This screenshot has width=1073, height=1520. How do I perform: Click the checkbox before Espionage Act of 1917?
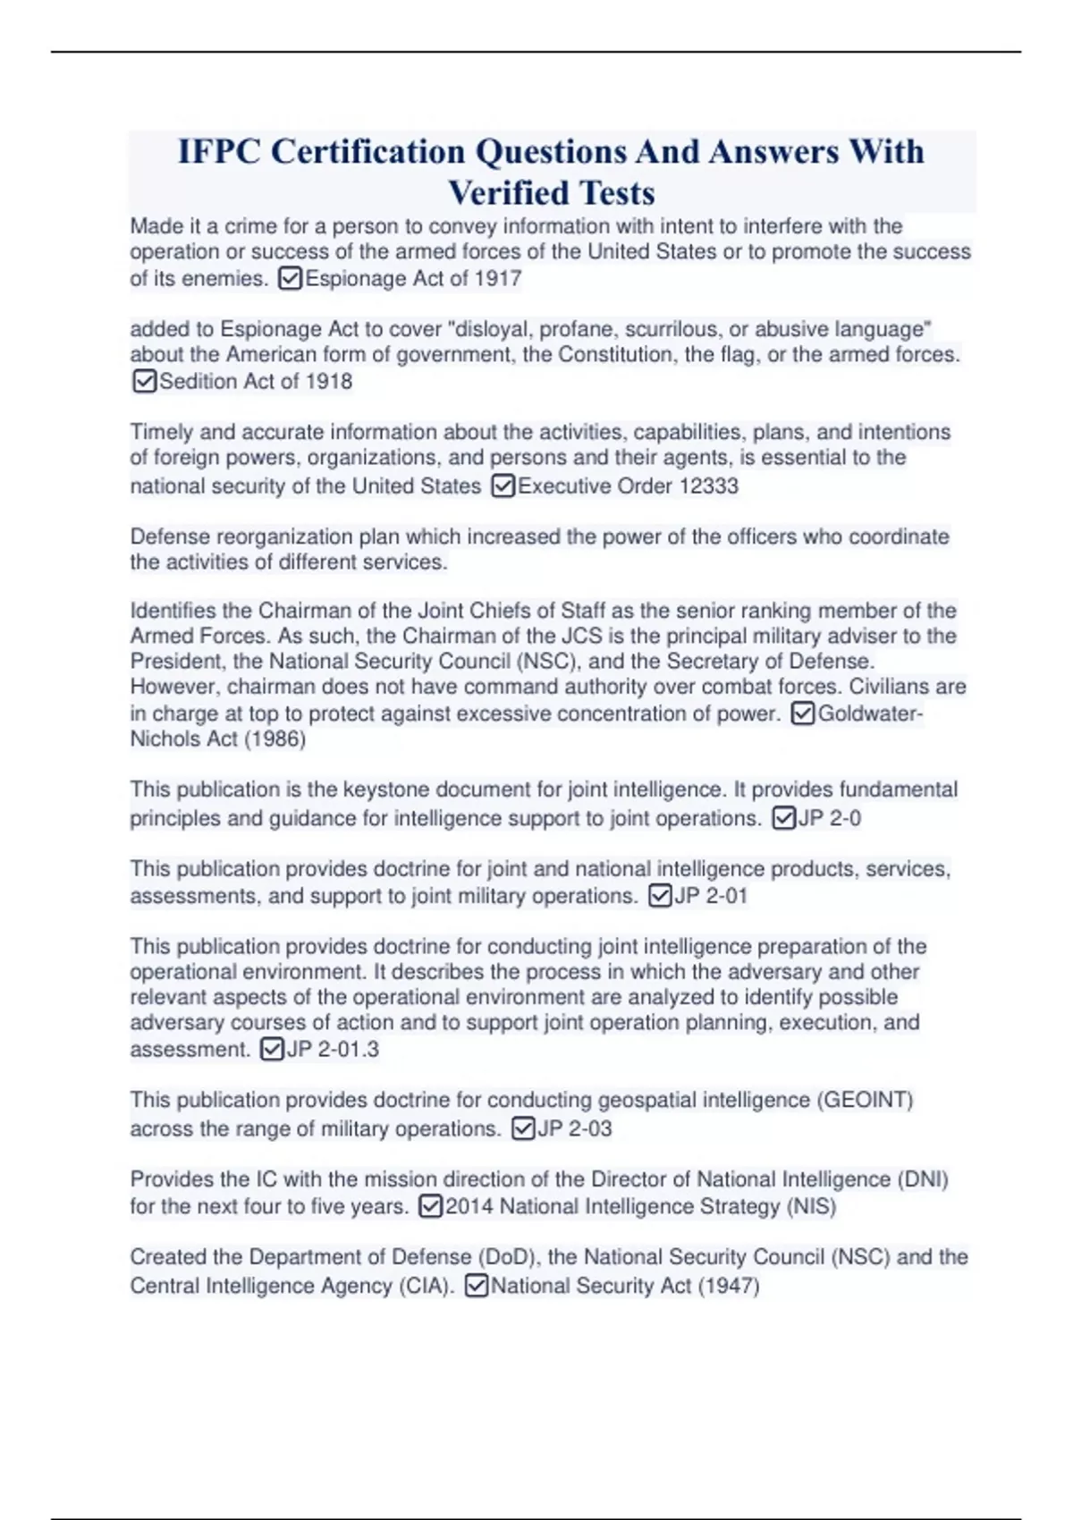[x=290, y=279]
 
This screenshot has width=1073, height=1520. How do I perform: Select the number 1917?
[x=498, y=279]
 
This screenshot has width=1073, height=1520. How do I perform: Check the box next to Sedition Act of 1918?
[x=143, y=382]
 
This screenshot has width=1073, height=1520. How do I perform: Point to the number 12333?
[x=708, y=486]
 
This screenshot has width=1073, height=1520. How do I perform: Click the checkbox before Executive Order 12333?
[x=503, y=486]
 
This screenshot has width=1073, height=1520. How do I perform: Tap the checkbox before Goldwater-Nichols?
[x=803, y=714]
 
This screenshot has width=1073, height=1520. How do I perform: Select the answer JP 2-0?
[x=829, y=818]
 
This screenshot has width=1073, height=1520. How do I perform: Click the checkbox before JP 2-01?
[x=659, y=896]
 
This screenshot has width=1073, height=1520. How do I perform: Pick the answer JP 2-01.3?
[x=332, y=1050]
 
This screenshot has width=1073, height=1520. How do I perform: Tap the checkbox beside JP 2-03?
[x=523, y=1129]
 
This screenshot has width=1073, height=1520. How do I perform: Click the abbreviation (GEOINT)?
[x=865, y=1100]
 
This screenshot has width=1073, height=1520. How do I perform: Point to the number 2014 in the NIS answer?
[x=469, y=1207]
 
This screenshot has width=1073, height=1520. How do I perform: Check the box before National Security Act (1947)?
[x=477, y=1287]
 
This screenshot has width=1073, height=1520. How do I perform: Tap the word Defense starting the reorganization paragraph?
[x=170, y=537]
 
